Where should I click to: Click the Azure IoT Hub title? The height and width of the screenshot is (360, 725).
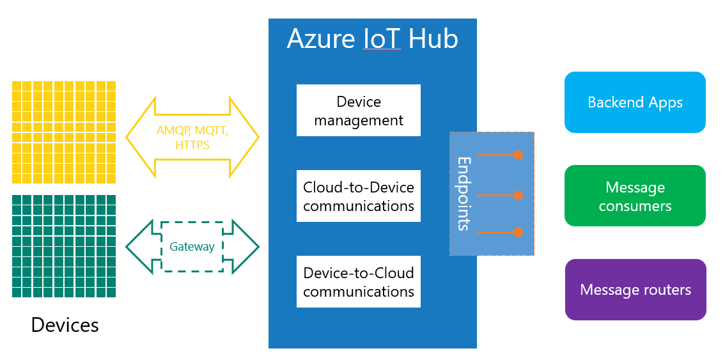372,39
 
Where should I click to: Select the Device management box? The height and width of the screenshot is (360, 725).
359,111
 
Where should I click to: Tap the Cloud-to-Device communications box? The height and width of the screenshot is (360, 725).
359,196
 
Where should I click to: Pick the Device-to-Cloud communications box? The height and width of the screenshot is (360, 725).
359,282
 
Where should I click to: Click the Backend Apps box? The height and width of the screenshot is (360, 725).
635,102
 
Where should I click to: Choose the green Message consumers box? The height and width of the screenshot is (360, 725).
635,196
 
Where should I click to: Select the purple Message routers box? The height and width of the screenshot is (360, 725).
635,290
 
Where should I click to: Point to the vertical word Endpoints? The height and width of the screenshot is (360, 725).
464,193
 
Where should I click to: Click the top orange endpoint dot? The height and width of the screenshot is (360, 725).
518,155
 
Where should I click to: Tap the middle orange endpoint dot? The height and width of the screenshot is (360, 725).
518,195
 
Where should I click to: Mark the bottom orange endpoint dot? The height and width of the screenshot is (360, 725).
518,232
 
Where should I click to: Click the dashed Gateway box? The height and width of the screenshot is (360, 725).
192,247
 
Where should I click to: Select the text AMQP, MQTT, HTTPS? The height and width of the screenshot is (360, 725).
192,137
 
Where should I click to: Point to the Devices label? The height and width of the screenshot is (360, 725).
65,325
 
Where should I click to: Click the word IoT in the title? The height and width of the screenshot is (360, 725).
382,39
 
